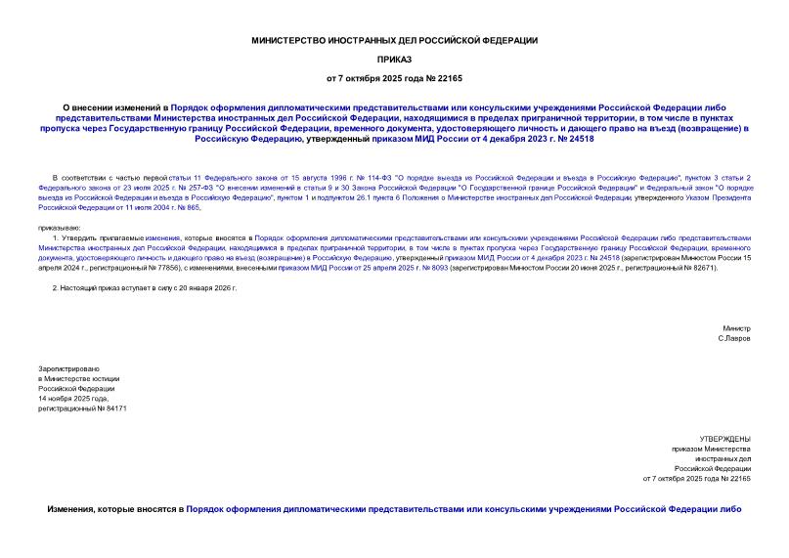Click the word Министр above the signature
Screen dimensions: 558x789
click(x=736, y=327)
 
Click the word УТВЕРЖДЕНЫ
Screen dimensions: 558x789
click(x=724, y=439)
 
